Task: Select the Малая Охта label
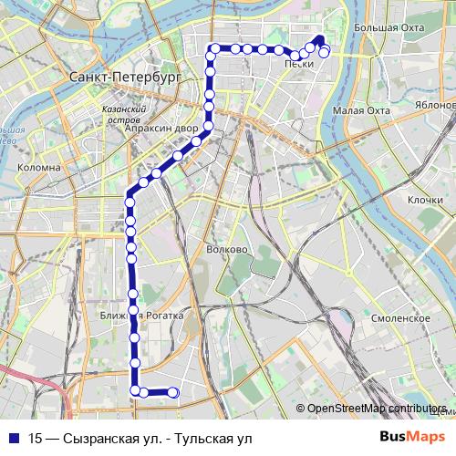pyautogui.click(x=361, y=110)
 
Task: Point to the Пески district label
pyautogui.click(x=299, y=64)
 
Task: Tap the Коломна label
pyautogui.click(x=39, y=168)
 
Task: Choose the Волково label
pyautogui.click(x=227, y=249)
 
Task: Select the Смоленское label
pyautogui.click(x=401, y=317)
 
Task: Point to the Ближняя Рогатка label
pyautogui.click(x=143, y=316)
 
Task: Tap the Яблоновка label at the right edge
pyautogui.click(x=435, y=104)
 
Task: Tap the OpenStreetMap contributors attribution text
pyautogui.click(x=377, y=409)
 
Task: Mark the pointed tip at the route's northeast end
pyautogui.click(x=319, y=37)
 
